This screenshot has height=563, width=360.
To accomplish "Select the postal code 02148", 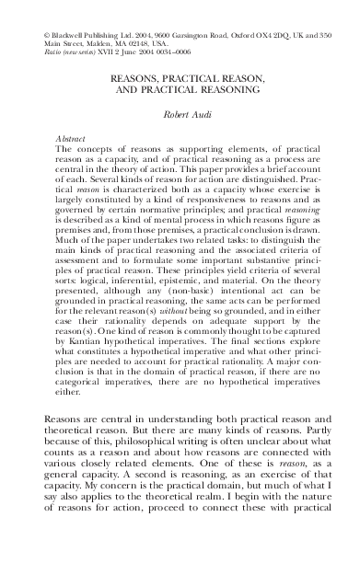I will (122, 41).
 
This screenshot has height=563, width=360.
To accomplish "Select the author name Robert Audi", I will (180, 117).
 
